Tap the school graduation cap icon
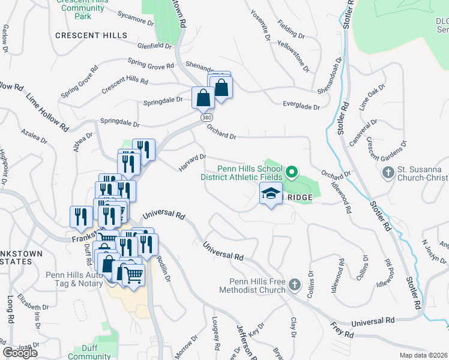(271, 193)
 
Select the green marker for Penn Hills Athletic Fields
(292, 173)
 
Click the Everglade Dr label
(301, 106)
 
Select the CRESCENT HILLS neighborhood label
(91, 35)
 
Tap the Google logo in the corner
(20, 353)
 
